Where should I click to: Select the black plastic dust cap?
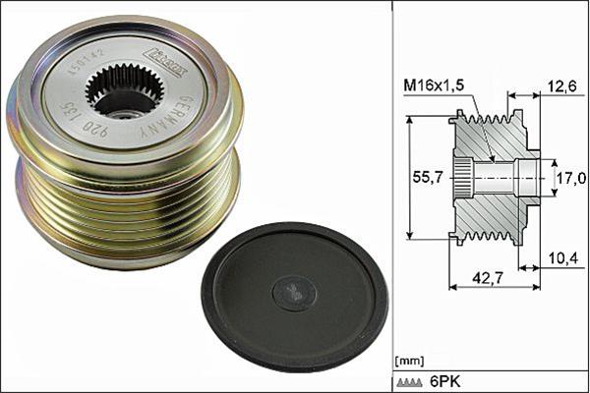click(x=294, y=295)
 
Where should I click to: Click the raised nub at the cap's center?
click(x=294, y=293)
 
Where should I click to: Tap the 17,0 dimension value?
click(x=570, y=178)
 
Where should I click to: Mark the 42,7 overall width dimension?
click(x=483, y=280)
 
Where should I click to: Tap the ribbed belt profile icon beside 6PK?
click(x=409, y=382)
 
